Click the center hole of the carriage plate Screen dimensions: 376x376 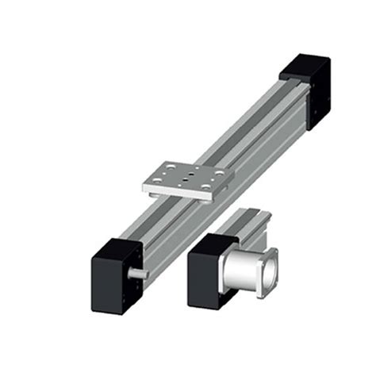(183, 179)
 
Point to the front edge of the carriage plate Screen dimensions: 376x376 (178, 194)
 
